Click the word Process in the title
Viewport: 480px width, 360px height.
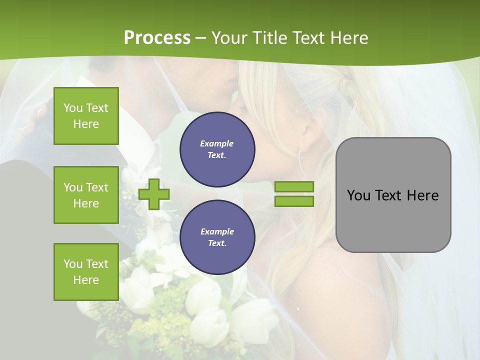coord(157,38)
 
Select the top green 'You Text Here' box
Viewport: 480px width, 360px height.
coord(86,116)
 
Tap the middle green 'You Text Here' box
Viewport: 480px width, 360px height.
coord(86,195)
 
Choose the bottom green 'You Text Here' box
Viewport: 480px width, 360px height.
coord(86,272)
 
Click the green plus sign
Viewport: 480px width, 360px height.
coord(154,194)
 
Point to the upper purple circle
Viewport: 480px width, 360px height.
coord(217,149)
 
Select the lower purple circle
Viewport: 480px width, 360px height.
coord(217,237)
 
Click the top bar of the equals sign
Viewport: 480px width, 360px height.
coord(294,187)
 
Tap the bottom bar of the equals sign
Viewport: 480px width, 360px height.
coord(294,201)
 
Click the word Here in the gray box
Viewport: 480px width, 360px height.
coord(422,195)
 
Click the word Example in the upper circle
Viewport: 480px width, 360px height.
coord(217,143)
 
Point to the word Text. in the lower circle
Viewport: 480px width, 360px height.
coord(217,243)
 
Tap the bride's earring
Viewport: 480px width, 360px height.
coord(301,159)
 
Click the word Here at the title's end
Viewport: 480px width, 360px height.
coord(348,38)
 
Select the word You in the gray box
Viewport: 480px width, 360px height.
coord(358,195)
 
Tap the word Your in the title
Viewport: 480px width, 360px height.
coord(229,38)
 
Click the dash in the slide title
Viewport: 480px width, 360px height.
coord(200,38)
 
